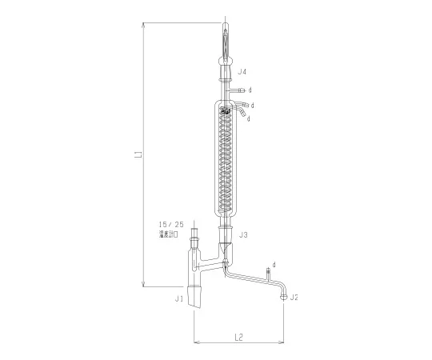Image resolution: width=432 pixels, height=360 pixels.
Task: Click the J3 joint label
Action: (x=243, y=234)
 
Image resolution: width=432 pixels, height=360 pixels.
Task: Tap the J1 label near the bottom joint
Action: (x=179, y=298)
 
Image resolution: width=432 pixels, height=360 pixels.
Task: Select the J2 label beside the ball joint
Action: (x=294, y=298)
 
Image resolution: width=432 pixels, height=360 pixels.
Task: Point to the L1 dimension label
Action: (x=138, y=153)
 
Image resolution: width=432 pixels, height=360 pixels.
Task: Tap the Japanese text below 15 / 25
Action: (x=174, y=237)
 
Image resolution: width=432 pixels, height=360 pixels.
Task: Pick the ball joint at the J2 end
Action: (x=283, y=297)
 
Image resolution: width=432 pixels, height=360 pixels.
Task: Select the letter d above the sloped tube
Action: (x=274, y=263)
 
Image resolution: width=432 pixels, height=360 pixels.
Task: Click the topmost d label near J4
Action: (x=250, y=90)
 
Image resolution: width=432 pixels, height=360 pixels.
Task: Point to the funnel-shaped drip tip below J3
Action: (x=226, y=251)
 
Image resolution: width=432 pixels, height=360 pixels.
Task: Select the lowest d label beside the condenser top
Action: (x=249, y=118)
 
